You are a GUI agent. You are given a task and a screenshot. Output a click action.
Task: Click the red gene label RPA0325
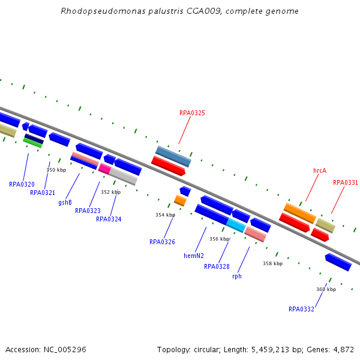click(x=192, y=113)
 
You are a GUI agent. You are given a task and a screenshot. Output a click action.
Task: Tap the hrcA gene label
click(x=320, y=170)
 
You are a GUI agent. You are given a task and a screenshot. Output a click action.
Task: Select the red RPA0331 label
click(x=346, y=182)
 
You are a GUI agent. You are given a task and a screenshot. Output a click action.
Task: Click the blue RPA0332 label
click(x=301, y=309)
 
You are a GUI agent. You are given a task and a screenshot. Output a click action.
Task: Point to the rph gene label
click(x=237, y=276)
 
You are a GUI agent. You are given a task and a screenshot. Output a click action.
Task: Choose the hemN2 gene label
click(x=194, y=256)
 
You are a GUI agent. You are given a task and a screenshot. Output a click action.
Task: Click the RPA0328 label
click(x=217, y=266)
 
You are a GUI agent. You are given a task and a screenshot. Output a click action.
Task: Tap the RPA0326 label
click(x=162, y=242)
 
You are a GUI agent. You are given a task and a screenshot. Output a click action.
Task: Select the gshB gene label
click(x=65, y=202)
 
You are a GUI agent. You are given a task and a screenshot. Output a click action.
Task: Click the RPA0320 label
click(x=22, y=184)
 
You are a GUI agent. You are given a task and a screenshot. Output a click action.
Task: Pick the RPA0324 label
click(x=109, y=219)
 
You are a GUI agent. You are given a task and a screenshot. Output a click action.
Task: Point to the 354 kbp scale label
click(x=165, y=215)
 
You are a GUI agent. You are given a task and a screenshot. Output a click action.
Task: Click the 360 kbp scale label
click(x=326, y=289)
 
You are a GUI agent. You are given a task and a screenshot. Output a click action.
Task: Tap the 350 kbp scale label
click(x=56, y=170)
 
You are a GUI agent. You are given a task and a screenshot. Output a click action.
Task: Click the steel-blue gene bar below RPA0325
click(x=173, y=156)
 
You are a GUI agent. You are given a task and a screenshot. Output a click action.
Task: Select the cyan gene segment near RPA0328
click(x=235, y=225)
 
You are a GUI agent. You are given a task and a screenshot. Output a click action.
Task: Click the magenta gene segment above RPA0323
click(x=104, y=169)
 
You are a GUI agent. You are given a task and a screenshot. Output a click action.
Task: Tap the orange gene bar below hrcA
click(x=299, y=212)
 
